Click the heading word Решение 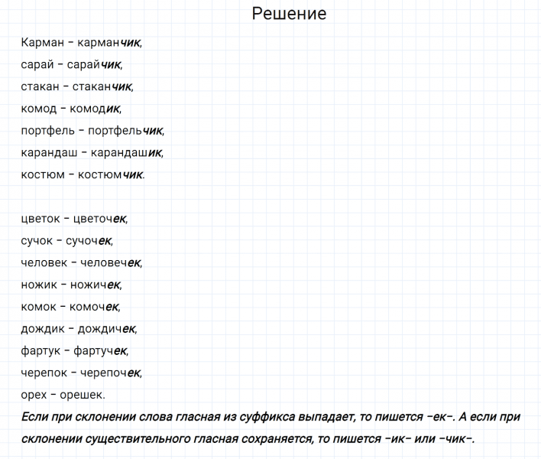289,14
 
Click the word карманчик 109,43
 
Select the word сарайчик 94,65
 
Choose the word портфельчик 125,131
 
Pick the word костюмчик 111,174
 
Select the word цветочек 99,219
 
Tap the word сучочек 89,241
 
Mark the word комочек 94,307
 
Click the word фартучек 100,351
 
